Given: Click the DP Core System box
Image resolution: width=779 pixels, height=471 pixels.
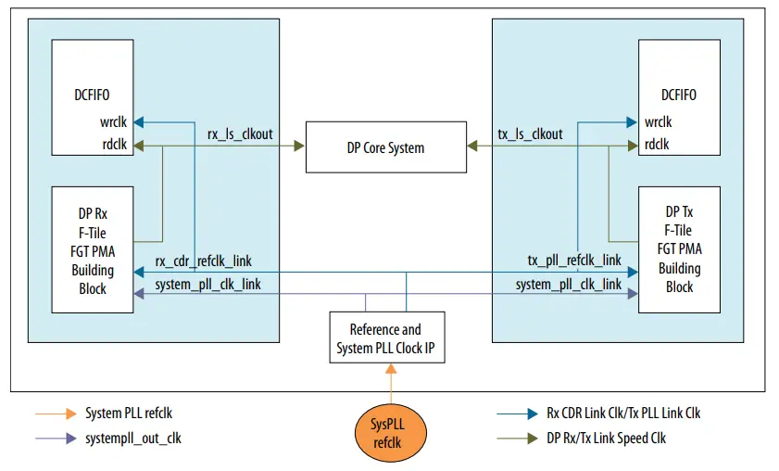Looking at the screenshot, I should coord(385,146).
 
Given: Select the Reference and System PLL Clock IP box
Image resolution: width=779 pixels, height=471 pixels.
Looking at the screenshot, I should coord(385,337).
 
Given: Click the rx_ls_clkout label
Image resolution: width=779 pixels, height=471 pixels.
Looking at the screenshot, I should coord(240,134).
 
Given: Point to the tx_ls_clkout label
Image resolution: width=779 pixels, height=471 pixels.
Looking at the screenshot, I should coord(531,134).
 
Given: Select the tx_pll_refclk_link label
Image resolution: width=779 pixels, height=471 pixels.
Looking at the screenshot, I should coord(574,261).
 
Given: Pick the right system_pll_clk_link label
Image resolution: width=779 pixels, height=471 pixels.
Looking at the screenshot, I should coord(569,284).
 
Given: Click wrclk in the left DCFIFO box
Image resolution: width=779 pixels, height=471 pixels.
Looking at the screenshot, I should coord(116,121).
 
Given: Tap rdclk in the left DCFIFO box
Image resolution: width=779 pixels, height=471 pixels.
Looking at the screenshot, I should coord(116,144).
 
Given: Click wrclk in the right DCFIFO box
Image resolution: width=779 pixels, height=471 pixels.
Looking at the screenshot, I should coord(659,121).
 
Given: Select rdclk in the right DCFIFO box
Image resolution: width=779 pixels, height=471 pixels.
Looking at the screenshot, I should coord(659,144).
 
